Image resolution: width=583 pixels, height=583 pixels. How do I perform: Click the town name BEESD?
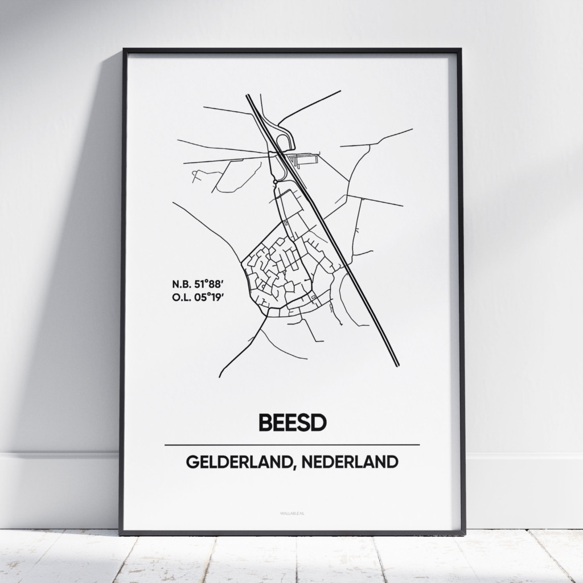pyautogui.click(x=291, y=422)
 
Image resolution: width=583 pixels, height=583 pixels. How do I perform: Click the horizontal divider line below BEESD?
pyautogui.click(x=291, y=445)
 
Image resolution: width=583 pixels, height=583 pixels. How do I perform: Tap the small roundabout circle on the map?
pyautogui.click(x=276, y=181)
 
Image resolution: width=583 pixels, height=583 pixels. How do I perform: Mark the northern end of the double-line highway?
pyautogui.click(x=248, y=96)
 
